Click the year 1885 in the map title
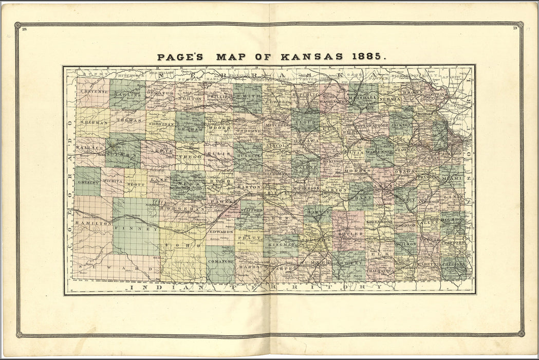click(366, 57)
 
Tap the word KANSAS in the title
click(303, 57)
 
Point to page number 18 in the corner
click(24, 29)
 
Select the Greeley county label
click(87, 182)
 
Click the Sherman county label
click(94, 123)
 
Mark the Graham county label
click(190, 130)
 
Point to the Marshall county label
click(363, 98)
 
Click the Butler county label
click(350, 233)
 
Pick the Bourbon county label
click(452, 219)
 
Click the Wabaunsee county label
click(380, 152)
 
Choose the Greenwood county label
click(379, 222)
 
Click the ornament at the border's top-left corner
click(17, 25)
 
